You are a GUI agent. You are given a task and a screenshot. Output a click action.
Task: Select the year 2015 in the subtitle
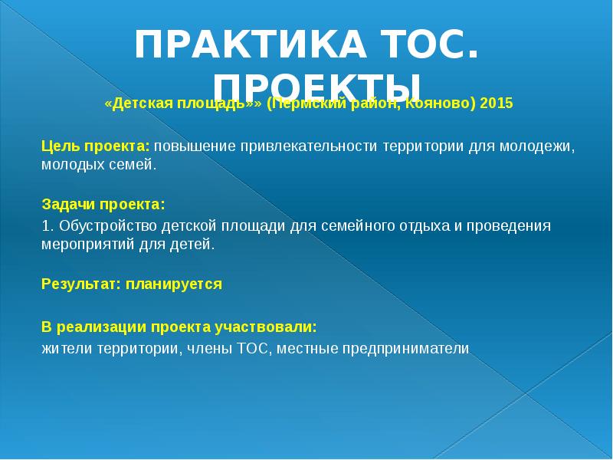pyautogui.click(x=497, y=103)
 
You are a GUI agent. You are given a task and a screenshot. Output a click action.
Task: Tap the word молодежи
pyautogui.click(x=541, y=146)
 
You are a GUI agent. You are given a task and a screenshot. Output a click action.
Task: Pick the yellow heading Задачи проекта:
pyautogui.click(x=102, y=205)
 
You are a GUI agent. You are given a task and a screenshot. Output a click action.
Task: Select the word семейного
pyautogui.click(x=327, y=226)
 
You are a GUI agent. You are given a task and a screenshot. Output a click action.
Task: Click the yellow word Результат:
pyautogui.click(x=76, y=284)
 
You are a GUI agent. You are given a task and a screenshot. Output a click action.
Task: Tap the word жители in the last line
pyautogui.click(x=64, y=349)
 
